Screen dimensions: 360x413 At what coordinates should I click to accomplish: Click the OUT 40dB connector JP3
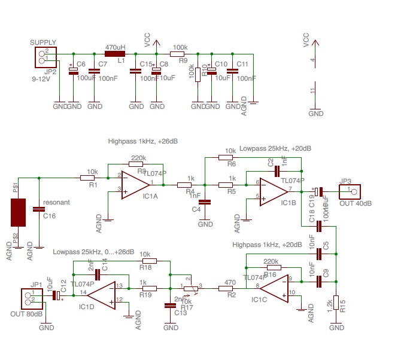(x=350, y=192)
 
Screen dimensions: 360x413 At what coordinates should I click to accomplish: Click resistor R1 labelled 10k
(x=89, y=178)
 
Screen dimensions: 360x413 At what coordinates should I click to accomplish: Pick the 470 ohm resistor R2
(x=225, y=288)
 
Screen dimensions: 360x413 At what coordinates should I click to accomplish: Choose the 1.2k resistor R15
(x=336, y=304)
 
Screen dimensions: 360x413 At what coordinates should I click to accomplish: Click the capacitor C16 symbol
(x=39, y=209)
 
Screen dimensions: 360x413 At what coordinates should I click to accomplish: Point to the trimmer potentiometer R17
(x=190, y=288)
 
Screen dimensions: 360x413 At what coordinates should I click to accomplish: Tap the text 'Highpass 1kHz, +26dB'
(x=142, y=142)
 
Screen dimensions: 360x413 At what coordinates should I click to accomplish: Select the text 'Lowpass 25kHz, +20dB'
(x=275, y=148)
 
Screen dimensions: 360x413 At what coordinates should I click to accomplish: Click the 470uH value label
(x=115, y=47)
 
